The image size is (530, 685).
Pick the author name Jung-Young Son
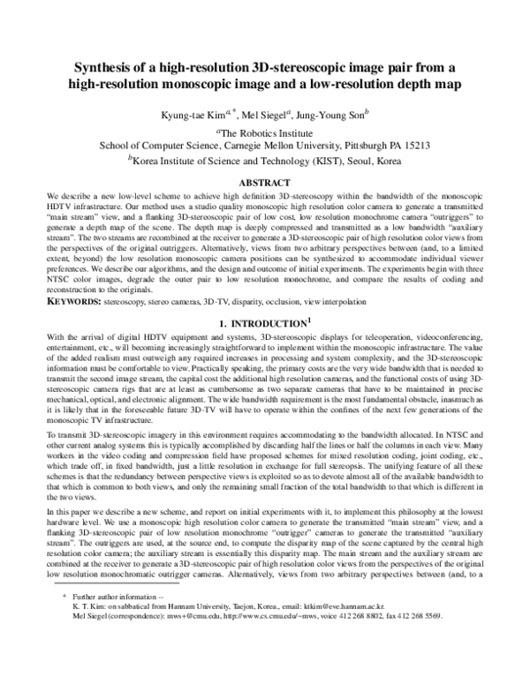coord(316,111)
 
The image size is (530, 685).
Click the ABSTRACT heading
coord(265,182)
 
